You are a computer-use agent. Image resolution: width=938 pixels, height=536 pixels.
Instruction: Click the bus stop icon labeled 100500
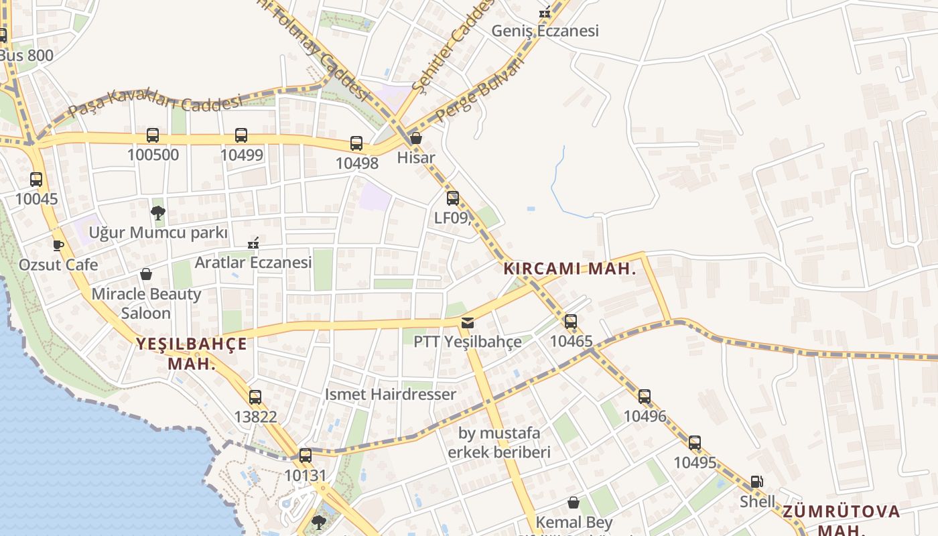153,135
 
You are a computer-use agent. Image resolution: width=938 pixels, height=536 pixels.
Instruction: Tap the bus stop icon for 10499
241,135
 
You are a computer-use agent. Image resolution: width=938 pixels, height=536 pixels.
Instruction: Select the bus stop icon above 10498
356,143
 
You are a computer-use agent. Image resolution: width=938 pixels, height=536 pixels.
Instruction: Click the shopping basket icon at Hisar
416,139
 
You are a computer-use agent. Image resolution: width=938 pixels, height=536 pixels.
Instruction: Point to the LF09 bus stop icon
453,198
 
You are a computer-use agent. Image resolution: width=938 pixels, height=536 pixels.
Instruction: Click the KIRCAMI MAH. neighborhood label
569,269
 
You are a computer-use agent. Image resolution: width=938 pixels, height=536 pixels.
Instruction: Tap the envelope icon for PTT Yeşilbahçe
467,323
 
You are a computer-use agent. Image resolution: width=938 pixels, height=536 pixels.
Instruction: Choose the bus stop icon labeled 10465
571,322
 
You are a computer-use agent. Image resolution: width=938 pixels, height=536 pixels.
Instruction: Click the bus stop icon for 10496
645,397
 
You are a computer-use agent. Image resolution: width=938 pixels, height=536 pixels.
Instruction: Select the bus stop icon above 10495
695,443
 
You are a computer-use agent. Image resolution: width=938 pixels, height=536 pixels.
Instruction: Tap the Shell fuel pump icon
756,482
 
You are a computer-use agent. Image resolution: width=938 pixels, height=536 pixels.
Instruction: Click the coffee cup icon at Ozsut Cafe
58,245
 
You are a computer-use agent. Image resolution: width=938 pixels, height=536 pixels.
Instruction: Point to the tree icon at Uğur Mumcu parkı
158,213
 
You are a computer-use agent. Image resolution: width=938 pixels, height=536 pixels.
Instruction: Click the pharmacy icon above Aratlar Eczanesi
253,243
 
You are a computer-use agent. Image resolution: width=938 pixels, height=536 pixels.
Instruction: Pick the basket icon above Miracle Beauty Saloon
146,274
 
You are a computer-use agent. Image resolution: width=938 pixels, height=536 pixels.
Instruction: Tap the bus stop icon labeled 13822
255,397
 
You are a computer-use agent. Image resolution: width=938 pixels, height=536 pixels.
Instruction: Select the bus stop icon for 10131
306,456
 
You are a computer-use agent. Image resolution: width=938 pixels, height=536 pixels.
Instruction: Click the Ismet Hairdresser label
391,394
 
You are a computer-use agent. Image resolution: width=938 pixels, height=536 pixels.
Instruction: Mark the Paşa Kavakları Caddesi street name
155,103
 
